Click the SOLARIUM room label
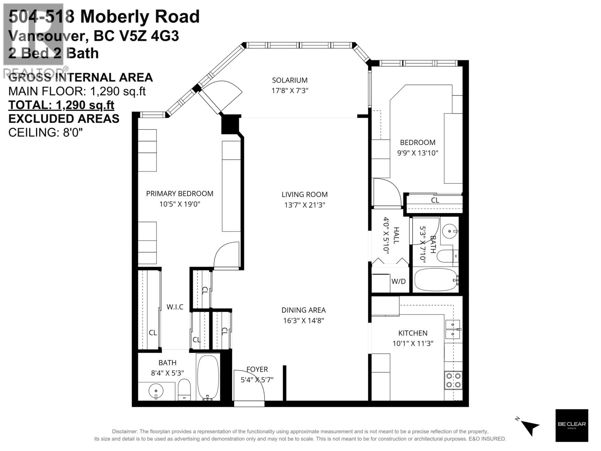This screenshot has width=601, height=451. pos(290,80)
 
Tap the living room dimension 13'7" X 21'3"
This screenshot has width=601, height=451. pos(304,205)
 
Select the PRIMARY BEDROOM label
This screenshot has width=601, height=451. pos(180,194)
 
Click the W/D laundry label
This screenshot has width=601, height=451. pos(398,281)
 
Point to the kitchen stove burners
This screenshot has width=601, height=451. pos(453,380)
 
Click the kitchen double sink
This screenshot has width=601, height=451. pos(453,329)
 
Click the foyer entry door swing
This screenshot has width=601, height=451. pos(250,385)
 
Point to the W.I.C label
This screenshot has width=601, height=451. pos(175,307)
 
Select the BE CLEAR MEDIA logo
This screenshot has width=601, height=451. pos(571,425)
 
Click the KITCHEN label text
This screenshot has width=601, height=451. pos(413,333)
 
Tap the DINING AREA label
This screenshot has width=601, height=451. pos(304,310)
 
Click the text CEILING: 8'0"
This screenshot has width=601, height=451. pos(45,132)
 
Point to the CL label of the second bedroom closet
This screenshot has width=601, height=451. pos(435,200)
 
